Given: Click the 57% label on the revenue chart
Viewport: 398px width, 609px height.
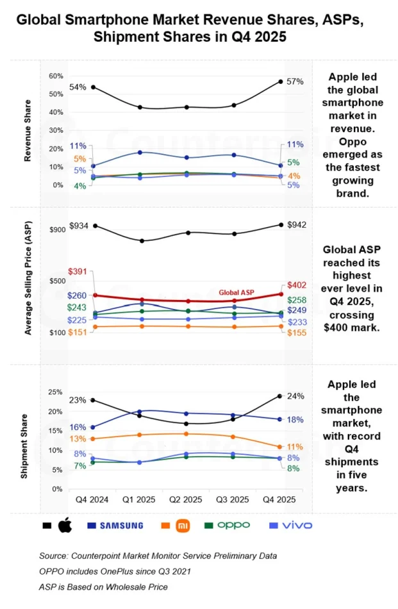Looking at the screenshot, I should click(295, 81).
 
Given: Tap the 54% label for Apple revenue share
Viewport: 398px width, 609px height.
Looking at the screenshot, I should click(78, 87).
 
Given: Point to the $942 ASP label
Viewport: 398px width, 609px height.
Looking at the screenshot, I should click(296, 224).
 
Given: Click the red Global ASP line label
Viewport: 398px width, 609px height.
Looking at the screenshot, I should click(236, 292).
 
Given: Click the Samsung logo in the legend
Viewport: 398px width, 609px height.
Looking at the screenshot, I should click(115, 526).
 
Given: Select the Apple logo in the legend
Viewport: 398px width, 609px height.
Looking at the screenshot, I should click(64, 526).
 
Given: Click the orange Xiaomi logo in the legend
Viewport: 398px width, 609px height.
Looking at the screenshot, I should click(183, 526).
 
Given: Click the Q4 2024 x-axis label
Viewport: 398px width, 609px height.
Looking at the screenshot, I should click(92, 499).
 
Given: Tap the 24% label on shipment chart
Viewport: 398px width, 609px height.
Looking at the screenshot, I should click(295, 396).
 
